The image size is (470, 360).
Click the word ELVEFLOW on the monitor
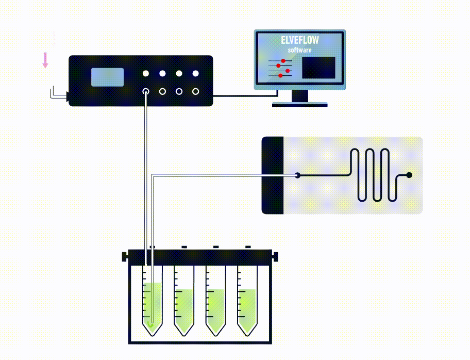pos(299,41)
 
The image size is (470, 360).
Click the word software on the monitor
pos(299,50)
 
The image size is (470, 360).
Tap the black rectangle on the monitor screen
pos(318,68)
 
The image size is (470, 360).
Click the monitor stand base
pos(299,104)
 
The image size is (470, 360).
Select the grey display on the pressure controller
pos(107,77)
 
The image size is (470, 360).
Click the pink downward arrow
pos(45,60)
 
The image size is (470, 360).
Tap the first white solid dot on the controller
pos(146,74)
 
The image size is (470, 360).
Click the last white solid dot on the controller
pos(195,74)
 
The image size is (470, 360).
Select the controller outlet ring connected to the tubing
pos(146,92)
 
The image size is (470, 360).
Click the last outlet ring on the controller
pos(195,92)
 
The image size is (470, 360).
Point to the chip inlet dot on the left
pos(297,175)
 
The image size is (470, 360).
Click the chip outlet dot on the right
pos(409,175)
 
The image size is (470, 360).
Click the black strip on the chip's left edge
pos(273,175)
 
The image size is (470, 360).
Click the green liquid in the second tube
pos(184,309)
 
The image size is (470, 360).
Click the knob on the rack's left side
pos(124,256)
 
